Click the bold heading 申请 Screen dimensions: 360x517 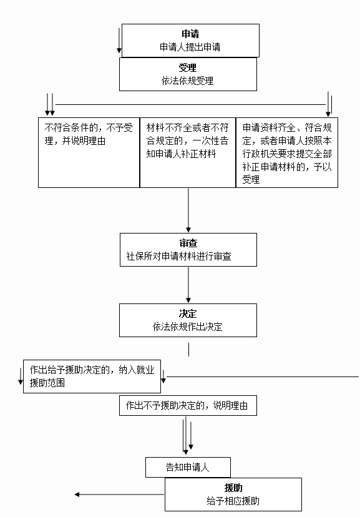coord(190,34)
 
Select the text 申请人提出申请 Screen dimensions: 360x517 coord(190,47)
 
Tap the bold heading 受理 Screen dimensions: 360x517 coord(188,67)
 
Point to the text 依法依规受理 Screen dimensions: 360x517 coord(187,81)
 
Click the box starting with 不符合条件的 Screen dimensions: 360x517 coord(89,152)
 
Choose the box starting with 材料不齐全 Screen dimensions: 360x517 coord(188,152)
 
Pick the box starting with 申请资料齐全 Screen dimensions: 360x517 coord(287,152)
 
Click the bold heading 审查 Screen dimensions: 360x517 coord(188,244)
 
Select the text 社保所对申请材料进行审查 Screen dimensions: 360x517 coord(179,256)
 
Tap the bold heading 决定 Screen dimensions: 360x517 coord(188,313)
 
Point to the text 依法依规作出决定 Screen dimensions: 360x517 coord(187,327)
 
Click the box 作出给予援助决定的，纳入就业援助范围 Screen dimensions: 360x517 coord(92,377)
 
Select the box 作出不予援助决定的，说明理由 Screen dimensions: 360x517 coord(188,406)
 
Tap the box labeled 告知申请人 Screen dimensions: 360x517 coord(188,467)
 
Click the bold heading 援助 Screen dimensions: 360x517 coord(233,488)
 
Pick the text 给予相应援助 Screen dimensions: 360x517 coord(233,501)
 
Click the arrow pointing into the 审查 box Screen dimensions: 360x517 coord(188,210)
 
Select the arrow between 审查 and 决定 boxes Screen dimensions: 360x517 coord(188,285)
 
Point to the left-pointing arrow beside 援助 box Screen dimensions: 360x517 coord(119,495)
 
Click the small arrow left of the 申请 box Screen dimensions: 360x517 coord(119,40)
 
